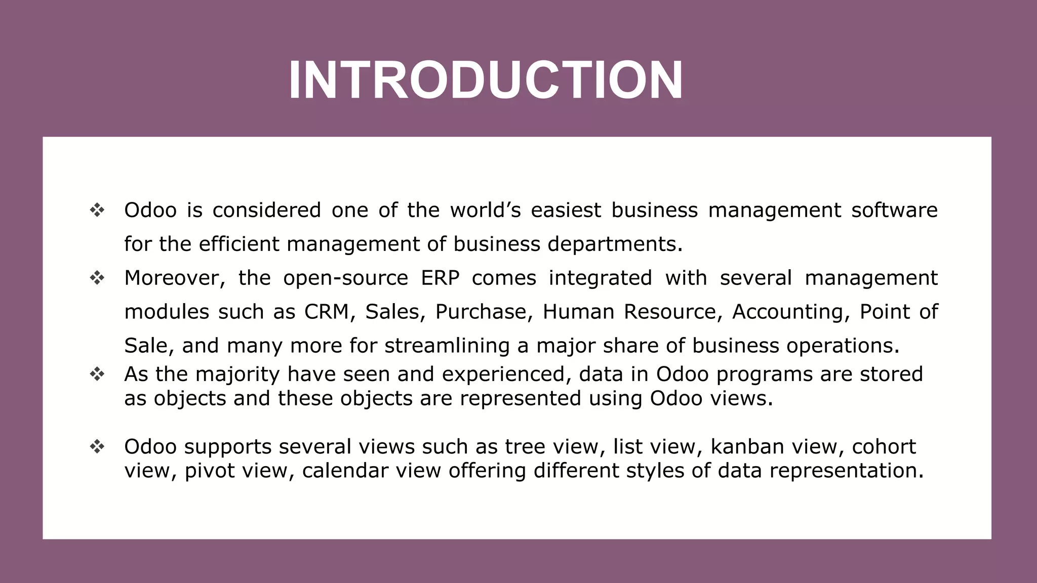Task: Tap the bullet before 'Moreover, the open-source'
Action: (x=97, y=278)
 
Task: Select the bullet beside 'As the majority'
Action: (x=97, y=374)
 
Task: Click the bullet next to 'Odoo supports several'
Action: (x=97, y=447)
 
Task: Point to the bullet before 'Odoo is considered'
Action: (x=97, y=210)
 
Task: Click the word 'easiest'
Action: (x=566, y=211)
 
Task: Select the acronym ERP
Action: (x=440, y=278)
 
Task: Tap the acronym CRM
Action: (x=327, y=312)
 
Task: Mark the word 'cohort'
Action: (x=884, y=447)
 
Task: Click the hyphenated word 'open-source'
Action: (x=345, y=278)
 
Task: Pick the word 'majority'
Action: (x=237, y=374)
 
